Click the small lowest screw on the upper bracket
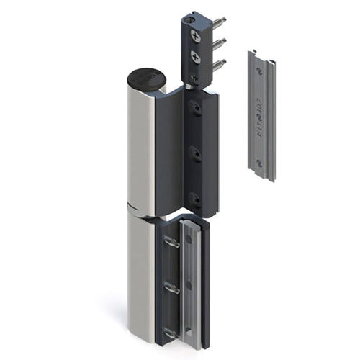click(x=194, y=74)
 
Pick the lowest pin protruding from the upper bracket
click(x=221, y=64)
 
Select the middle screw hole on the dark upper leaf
click(x=193, y=152)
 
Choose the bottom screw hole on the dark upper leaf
click(x=193, y=197)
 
